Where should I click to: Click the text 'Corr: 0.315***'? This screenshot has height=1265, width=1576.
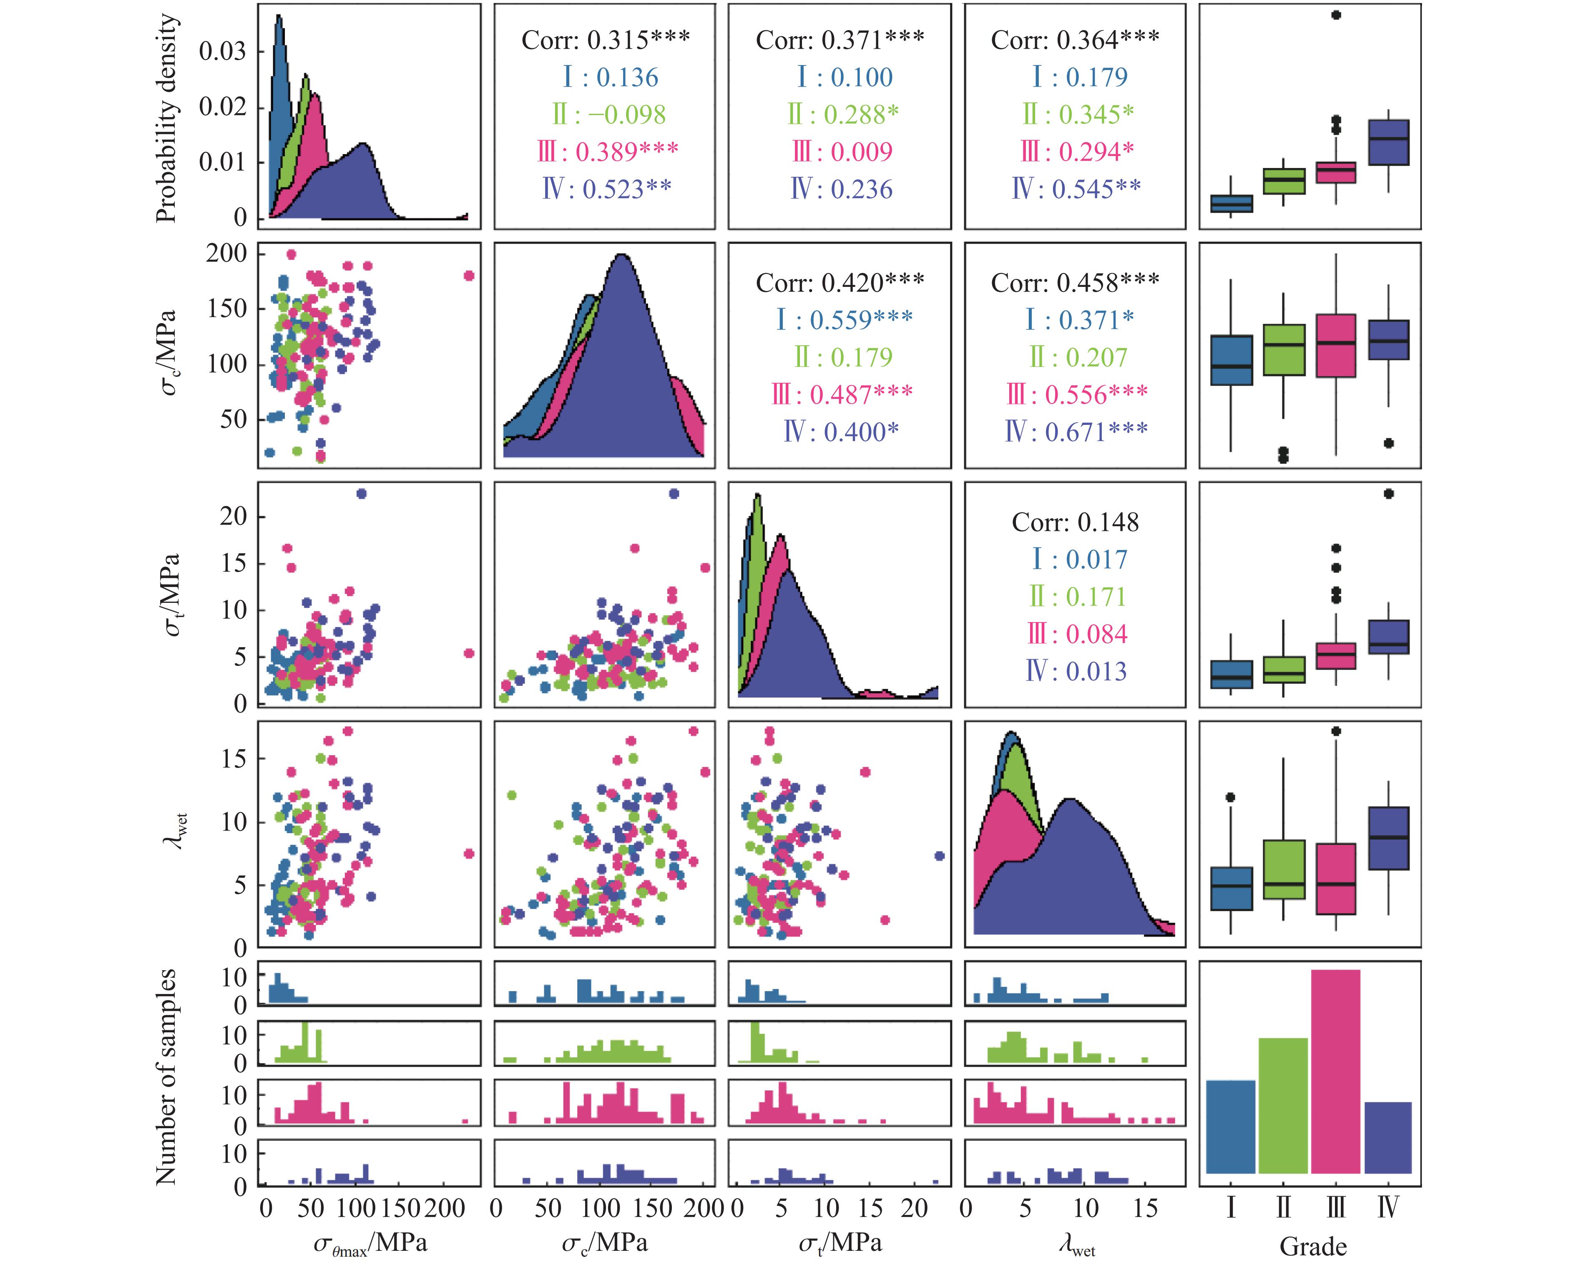click(x=605, y=40)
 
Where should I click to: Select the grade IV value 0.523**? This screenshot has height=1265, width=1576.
click(x=607, y=189)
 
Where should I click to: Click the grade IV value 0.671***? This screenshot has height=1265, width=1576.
click(x=1076, y=432)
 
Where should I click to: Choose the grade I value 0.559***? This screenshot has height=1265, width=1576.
click(x=844, y=319)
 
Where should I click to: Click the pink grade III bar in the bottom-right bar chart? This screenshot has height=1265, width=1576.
click(x=1335, y=1072)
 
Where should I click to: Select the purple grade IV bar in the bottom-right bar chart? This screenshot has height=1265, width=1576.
click(x=1388, y=1137)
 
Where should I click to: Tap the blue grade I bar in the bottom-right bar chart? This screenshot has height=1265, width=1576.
click(x=1230, y=1126)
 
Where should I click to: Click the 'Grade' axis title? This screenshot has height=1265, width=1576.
click(x=1313, y=1246)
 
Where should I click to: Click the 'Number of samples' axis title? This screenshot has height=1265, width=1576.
click(x=167, y=1077)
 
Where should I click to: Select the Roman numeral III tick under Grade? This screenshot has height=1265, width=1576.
click(x=1335, y=1207)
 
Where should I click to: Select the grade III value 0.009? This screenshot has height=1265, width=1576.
click(x=843, y=152)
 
